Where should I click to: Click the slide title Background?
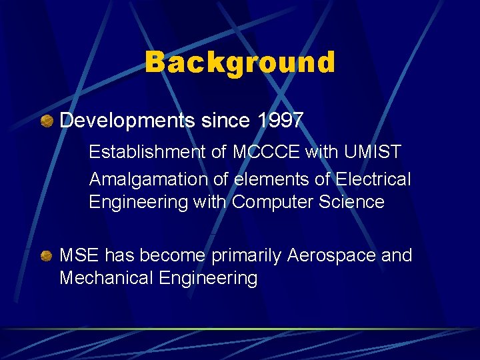tap(240, 63)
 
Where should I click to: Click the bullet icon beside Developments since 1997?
tap(47, 121)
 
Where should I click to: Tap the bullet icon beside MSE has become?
tap(47, 256)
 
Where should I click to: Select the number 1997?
tap(280, 121)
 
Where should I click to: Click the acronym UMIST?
tap(373, 152)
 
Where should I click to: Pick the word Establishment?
tap(148, 152)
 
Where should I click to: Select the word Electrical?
tap(373, 179)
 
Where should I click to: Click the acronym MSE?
tap(79, 255)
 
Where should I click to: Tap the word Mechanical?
tap(107, 278)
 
